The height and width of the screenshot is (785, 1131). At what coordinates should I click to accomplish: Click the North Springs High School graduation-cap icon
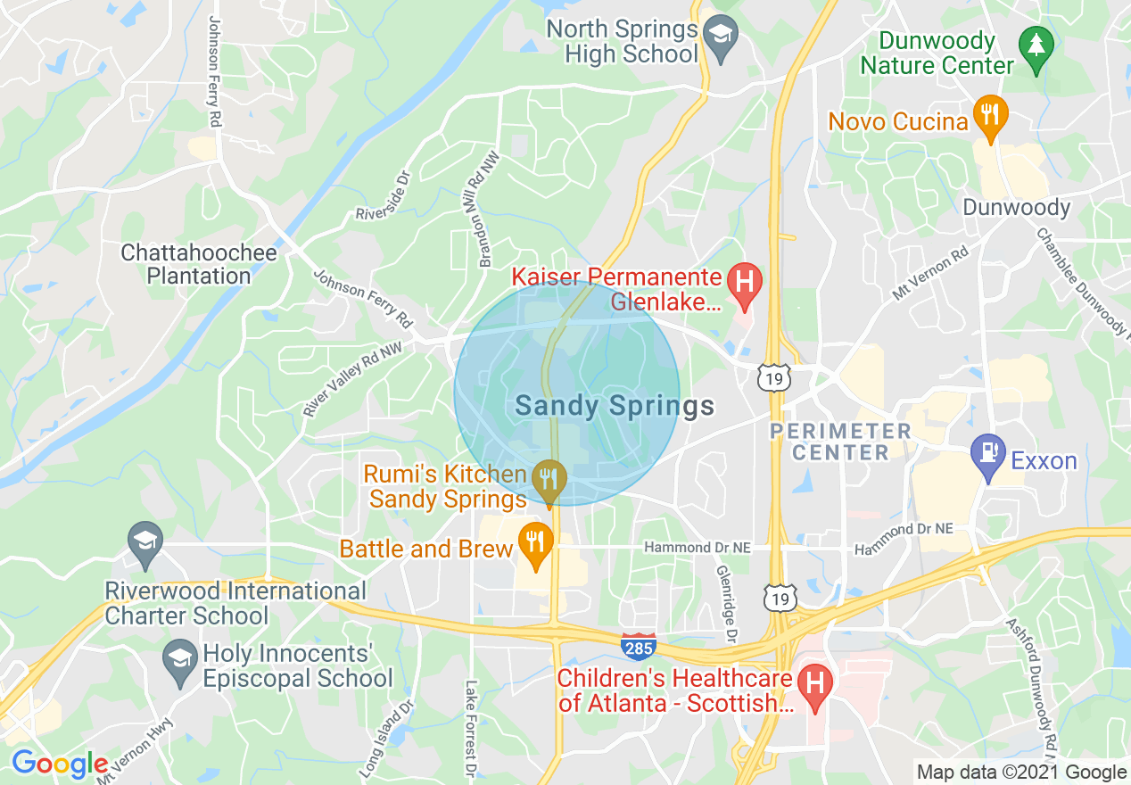pyautogui.click(x=716, y=35)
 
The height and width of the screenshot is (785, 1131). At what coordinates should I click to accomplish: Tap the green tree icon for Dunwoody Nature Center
pyautogui.click(x=1036, y=42)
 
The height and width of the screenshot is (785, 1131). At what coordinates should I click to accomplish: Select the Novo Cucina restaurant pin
pyautogui.click(x=989, y=115)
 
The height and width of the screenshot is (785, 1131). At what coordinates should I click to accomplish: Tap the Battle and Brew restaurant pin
pyautogui.click(x=534, y=542)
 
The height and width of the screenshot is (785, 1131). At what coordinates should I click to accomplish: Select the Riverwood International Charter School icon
pyautogui.click(x=144, y=540)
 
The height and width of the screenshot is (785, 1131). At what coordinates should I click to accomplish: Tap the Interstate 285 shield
pyautogui.click(x=639, y=647)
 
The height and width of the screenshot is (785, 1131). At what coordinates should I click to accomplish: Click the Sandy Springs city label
pyautogui.click(x=615, y=407)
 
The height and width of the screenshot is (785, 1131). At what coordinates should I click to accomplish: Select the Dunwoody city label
pyautogui.click(x=1016, y=208)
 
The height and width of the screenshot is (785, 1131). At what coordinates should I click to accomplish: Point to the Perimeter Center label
pyautogui.click(x=840, y=442)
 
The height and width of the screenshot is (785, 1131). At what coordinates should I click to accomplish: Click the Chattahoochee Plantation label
pyautogui.click(x=199, y=264)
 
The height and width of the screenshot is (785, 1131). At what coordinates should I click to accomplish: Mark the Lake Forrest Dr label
pyautogui.click(x=470, y=720)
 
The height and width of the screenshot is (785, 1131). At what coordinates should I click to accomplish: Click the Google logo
pyautogui.click(x=59, y=764)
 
